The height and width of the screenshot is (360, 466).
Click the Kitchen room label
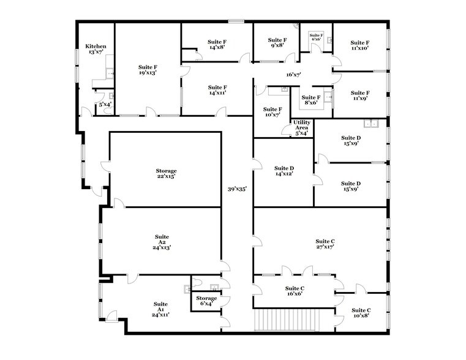tap(96, 49)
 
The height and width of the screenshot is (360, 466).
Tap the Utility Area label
tap(302, 128)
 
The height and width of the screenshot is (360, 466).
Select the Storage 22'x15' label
tap(166, 173)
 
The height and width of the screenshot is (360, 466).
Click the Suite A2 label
tap(162, 242)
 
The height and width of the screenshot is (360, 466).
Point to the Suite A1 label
tap(160, 309)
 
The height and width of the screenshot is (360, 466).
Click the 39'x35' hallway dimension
tap(237, 189)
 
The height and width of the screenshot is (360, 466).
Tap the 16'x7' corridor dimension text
tap(294, 75)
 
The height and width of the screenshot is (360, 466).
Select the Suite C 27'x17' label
tap(325, 244)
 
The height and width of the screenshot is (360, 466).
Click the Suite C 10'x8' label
tap(361, 313)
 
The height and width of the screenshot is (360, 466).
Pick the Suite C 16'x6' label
tap(295, 291)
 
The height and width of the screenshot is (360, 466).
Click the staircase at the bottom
tap(287, 320)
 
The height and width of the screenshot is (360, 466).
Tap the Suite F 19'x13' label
tap(148, 70)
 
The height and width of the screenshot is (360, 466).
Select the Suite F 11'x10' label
tap(360, 45)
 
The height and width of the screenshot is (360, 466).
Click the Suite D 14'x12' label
tap(284, 171)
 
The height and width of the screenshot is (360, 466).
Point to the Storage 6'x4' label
tap(206, 301)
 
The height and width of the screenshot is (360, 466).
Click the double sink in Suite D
tap(370, 123)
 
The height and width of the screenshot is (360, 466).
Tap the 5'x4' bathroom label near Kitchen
tap(105, 104)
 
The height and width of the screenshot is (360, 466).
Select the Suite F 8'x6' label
tap(311, 100)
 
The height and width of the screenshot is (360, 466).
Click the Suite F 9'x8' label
tap(277, 42)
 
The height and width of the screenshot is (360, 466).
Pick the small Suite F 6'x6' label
tap(316, 37)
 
